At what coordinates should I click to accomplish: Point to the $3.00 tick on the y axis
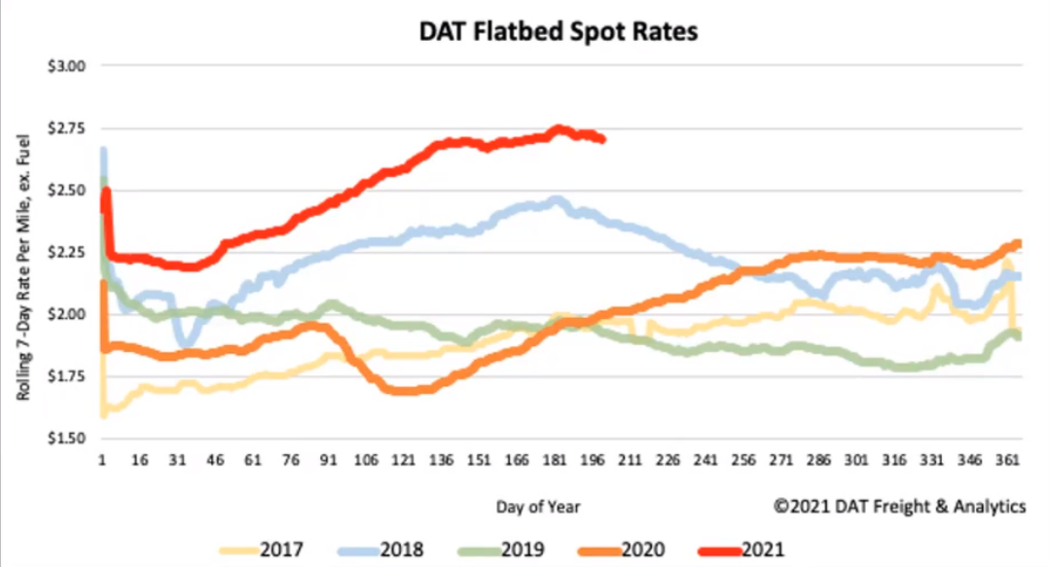coord(68,66)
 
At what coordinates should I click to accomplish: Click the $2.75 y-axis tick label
coord(68,128)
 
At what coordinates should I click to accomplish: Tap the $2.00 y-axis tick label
coord(68,314)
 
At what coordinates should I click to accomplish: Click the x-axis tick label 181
coord(554,458)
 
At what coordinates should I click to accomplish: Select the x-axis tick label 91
coord(329,458)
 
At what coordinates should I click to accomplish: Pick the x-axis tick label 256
coord(741,458)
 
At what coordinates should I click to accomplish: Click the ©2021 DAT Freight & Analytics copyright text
coord(899,506)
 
